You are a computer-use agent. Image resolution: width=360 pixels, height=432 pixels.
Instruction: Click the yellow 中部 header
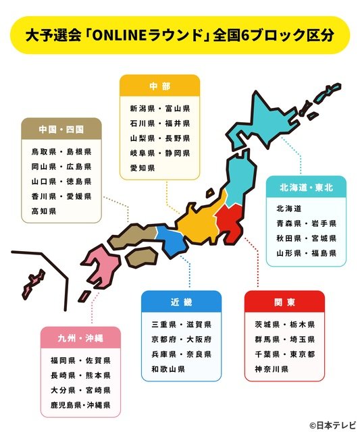click(159, 86)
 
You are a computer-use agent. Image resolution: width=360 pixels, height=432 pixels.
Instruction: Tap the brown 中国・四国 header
click(61, 129)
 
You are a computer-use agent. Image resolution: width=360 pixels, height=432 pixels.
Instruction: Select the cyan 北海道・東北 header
click(305, 187)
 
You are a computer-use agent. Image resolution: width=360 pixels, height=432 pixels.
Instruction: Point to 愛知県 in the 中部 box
click(143, 168)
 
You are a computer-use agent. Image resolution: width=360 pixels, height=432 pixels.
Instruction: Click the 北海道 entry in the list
click(288, 209)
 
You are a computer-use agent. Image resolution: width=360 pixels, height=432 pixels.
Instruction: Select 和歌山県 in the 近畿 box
click(168, 369)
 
